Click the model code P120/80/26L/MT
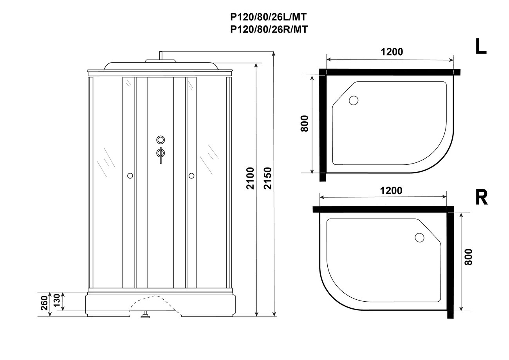[x=269, y=17]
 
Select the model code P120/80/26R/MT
[x=269, y=29]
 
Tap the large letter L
[x=481, y=46]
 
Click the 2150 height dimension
[x=268, y=178]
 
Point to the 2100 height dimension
[x=250, y=178]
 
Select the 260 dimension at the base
[x=45, y=303]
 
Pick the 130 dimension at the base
[x=57, y=300]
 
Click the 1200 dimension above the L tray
[x=392, y=52]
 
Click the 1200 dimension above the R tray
[x=391, y=191]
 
